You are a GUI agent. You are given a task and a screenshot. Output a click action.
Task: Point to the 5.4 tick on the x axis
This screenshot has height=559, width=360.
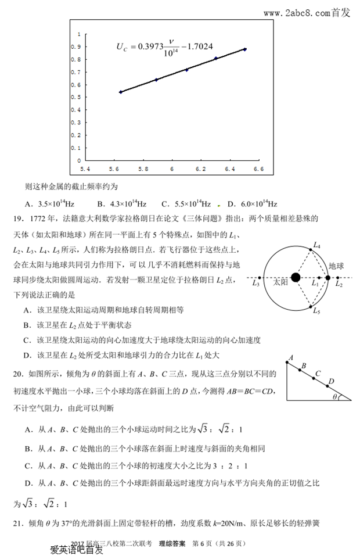pyautogui.click(x=85, y=169)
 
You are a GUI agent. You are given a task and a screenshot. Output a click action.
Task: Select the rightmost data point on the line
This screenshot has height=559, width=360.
pyautogui.click(x=245, y=49)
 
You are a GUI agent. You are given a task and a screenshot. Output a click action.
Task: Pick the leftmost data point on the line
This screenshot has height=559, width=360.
pyautogui.click(x=120, y=92)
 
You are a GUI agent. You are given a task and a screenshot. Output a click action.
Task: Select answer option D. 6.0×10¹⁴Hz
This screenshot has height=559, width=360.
pyautogui.click(x=253, y=204)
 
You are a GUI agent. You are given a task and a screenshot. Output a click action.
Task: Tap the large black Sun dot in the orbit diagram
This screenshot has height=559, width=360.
pyautogui.click(x=296, y=277)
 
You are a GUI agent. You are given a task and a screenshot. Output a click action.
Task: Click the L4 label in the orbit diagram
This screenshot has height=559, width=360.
pyautogui.click(x=317, y=245)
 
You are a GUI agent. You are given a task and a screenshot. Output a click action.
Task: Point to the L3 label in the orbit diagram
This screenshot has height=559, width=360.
pyautogui.click(x=256, y=284)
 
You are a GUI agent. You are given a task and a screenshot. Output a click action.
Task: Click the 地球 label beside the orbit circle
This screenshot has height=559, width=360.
pyautogui.click(x=336, y=266)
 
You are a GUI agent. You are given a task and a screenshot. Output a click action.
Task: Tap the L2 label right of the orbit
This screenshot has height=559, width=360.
pyautogui.click(x=339, y=284)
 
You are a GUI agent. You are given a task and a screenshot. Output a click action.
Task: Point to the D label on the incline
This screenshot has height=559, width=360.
pyautogui.click(x=331, y=381)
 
